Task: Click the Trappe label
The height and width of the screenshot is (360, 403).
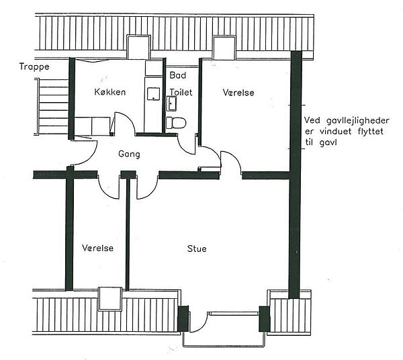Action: click(x=34, y=66)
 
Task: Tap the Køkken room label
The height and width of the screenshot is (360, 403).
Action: click(x=110, y=92)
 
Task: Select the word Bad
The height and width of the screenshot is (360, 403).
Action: click(x=178, y=75)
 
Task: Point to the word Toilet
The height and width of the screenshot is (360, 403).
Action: click(x=181, y=92)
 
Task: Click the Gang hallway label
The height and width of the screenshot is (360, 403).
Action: click(x=129, y=154)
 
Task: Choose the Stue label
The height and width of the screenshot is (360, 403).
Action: click(x=197, y=249)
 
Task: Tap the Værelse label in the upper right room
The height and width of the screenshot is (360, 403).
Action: click(x=238, y=93)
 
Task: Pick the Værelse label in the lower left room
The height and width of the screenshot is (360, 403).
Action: click(x=97, y=248)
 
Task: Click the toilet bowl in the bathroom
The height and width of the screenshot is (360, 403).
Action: click(x=176, y=122)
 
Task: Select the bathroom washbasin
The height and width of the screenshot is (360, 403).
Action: click(x=172, y=103)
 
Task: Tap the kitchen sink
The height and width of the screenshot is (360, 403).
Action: click(x=153, y=94)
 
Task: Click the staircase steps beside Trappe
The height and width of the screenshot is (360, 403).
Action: click(x=52, y=106)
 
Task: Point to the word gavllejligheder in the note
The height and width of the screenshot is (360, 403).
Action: click(x=358, y=121)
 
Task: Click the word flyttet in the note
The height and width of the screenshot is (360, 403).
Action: click(x=370, y=132)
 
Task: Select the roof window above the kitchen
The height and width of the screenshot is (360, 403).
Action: click(x=138, y=47)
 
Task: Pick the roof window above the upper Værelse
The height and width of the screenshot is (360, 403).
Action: click(x=224, y=48)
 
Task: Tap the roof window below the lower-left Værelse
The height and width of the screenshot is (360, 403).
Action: click(x=110, y=299)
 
